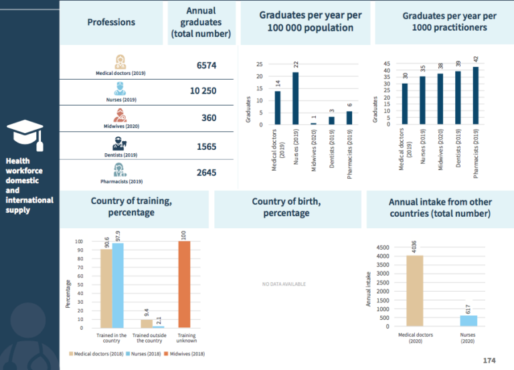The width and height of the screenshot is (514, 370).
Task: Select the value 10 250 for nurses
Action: pos(203,90)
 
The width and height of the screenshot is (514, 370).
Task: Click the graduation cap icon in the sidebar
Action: pos(29,136)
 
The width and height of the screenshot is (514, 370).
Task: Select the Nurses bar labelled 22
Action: pos(295,98)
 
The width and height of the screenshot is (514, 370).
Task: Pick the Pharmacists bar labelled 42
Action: pos(476,95)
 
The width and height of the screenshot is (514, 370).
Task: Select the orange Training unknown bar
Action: pos(184,284)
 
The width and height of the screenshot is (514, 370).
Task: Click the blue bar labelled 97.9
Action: pos(118,286)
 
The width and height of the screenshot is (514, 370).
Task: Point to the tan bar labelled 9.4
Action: pos(145,323)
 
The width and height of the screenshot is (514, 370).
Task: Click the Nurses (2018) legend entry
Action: pos(143,353)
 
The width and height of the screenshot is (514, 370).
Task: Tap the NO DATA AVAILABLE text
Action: pos(284,284)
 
